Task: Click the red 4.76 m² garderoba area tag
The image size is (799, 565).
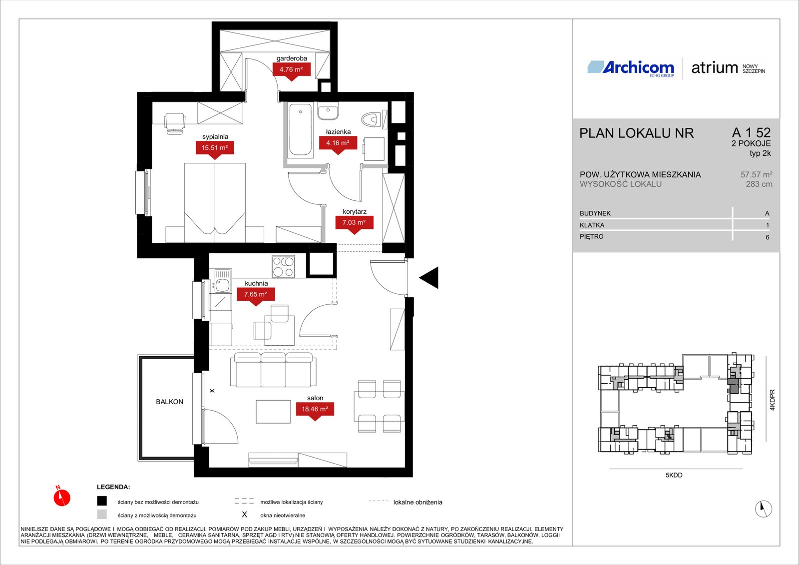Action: (x=292, y=70)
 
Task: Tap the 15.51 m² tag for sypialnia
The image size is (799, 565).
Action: (x=215, y=148)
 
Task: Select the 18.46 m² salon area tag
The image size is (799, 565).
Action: (x=315, y=409)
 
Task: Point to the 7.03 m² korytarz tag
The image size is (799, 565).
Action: (x=354, y=223)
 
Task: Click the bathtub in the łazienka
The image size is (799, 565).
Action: (x=300, y=129)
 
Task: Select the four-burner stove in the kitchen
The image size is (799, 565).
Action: (x=283, y=267)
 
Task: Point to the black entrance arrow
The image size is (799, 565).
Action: (x=429, y=277)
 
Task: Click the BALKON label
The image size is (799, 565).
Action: (x=169, y=402)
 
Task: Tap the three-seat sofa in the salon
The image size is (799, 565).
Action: (x=273, y=370)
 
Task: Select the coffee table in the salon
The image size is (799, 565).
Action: (x=273, y=412)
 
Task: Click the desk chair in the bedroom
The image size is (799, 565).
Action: (x=174, y=123)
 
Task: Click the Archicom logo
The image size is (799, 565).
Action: (x=631, y=68)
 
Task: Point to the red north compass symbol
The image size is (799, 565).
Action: (x=62, y=497)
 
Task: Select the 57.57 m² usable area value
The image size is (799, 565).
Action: (x=756, y=175)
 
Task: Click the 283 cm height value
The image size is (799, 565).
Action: (x=759, y=184)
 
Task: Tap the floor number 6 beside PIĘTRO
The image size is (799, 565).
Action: (x=767, y=237)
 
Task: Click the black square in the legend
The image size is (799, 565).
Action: (x=102, y=501)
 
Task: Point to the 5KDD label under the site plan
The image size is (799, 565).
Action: (x=674, y=476)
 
